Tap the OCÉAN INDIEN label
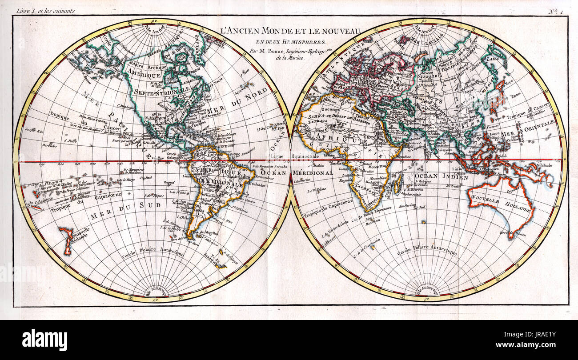441,176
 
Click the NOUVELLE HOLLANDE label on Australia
501,205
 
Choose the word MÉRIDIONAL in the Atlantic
313,172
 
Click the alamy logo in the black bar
44,340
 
